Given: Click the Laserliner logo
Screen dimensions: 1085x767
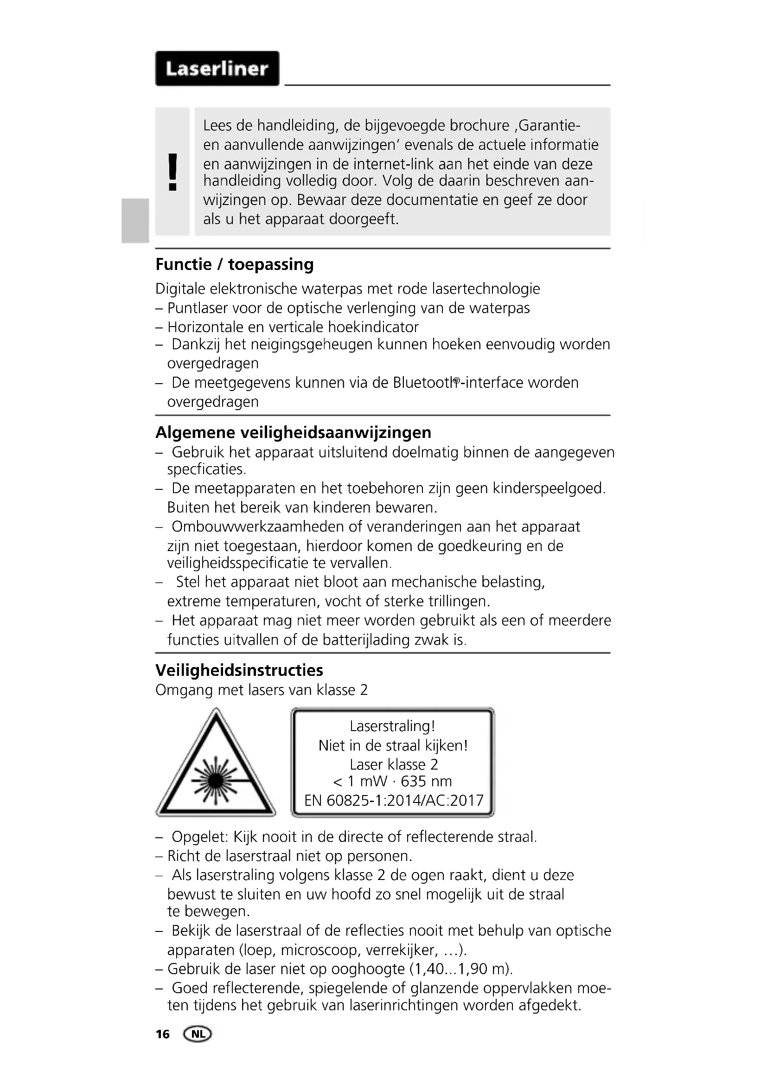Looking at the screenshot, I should coord(217,69).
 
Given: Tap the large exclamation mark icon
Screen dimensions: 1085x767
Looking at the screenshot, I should coord(173,172).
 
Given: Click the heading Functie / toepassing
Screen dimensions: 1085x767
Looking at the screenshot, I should coord(234,264).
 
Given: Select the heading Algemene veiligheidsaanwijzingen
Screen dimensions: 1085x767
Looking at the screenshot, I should coord(293,432).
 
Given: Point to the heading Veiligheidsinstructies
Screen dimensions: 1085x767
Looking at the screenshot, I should coord(239,670).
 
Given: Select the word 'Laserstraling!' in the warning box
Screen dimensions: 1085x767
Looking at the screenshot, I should coord(392,726).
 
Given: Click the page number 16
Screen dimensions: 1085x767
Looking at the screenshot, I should coord(162,1035).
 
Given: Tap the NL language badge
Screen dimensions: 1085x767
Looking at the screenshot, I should coord(198,1034).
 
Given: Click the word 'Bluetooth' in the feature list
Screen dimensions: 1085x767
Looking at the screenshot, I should coord(426,383).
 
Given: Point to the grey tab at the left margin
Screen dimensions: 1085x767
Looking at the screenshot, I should coord(134,221).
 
